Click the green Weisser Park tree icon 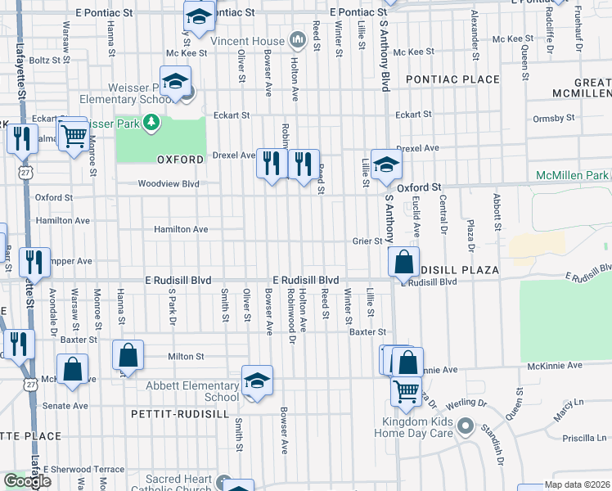click(x=150, y=123)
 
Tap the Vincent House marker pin click(x=295, y=40)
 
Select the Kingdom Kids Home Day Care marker click(x=466, y=426)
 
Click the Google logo click(x=27, y=481)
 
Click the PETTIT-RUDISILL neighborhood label click(x=179, y=415)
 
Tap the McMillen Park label click(x=573, y=176)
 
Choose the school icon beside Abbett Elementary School click(x=257, y=381)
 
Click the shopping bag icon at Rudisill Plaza click(x=404, y=264)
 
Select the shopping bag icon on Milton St click(x=128, y=357)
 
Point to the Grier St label click(x=367, y=241)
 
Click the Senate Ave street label click(x=70, y=406)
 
